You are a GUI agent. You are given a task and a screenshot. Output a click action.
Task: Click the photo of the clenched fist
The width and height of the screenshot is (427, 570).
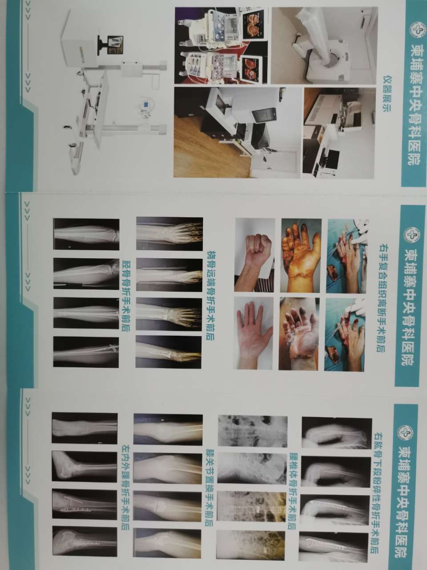(254, 255)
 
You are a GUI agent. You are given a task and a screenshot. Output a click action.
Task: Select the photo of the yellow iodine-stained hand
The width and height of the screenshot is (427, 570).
(301, 256)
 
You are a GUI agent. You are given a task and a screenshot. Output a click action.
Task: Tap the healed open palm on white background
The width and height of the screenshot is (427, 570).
(253, 333)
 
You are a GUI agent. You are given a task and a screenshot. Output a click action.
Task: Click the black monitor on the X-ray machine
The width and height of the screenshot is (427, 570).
(111, 45)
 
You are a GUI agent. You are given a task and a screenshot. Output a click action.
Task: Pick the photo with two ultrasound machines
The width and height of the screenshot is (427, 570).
(222, 45)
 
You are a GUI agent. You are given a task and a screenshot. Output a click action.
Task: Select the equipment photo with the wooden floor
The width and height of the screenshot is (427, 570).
(238, 132)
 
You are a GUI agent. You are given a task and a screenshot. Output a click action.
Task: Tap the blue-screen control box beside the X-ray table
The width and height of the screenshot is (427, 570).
(146, 104)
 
